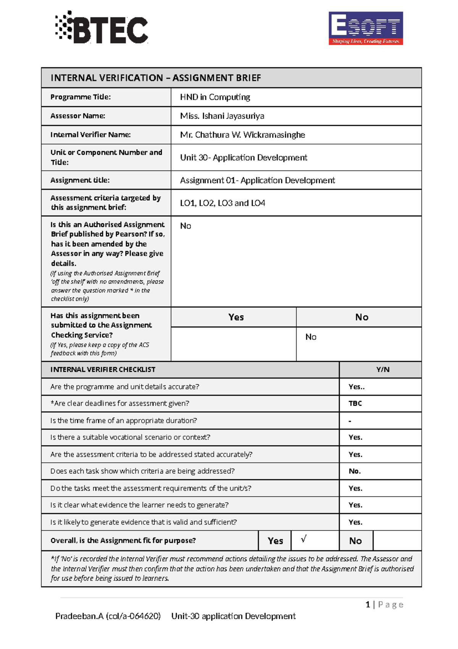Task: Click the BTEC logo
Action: pyautogui.click(x=102, y=28)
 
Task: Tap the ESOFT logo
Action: pyautogui.click(x=366, y=28)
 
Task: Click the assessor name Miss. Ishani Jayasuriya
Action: pyautogui.click(x=222, y=116)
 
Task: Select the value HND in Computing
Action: pyautogui.click(x=215, y=97)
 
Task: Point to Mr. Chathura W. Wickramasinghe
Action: pyautogui.click(x=242, y=135)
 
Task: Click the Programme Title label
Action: pyautogui.click(x=81, y=97)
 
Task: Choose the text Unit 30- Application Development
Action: pyautogui.click(x=244, y=157)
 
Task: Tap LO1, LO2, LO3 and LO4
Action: pyautogui.click(x=223, y=203)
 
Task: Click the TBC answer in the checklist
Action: pyautogui.click(x=355, y=403)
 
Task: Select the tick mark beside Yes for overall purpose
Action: pyautogui.click(x=304, y=539)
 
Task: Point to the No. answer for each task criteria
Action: pyautogui.click(x=355, y=471)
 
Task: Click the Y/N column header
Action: pyautogui.click(x=383, y=370)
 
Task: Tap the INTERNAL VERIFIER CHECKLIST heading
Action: pyautogui.click(x=103, y=370)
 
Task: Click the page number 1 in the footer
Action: pyautogui.click(x=368, y=604)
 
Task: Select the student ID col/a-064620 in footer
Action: pyautogui.click(x=133, y=616)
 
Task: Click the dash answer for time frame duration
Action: pyautogui.click(x=350, y=421)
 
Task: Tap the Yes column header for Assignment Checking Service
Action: pyautogui.click(x=236, y=317)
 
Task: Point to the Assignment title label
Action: pyautogui.click(x=80, y=180)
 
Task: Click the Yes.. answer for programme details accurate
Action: pyautogui.click(x=356, y=386)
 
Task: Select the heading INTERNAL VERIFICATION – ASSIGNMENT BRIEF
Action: pyautogui.click(x=156, y=78)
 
